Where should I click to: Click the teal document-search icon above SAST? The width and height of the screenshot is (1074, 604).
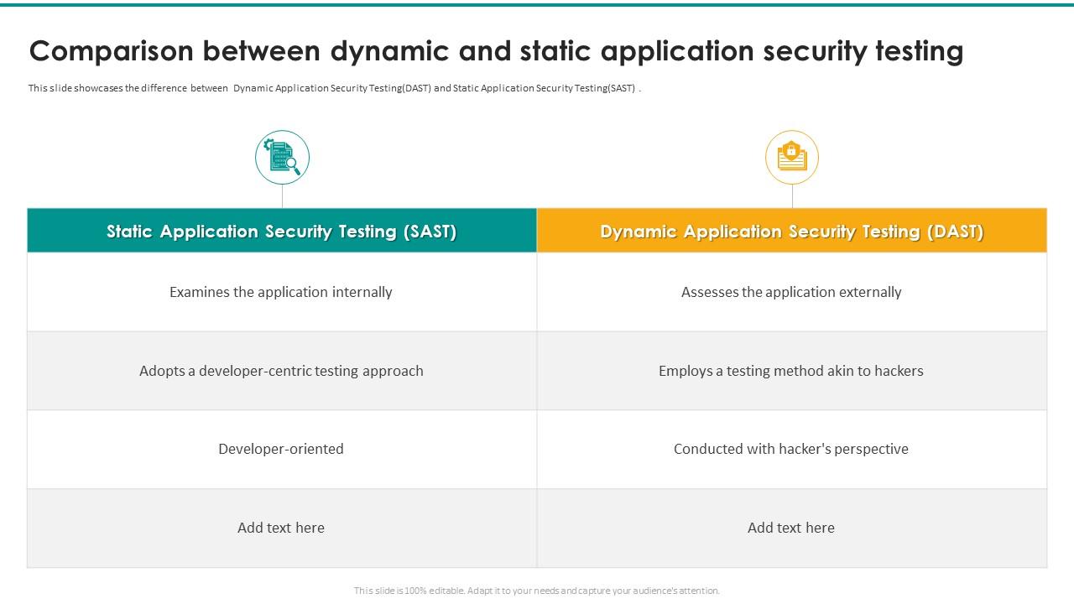click(x=282, y=158)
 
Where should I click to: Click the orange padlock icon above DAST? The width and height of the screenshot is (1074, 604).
click(x=791, y=157)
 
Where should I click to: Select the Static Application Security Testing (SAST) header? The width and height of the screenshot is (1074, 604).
click(x=282, y=232)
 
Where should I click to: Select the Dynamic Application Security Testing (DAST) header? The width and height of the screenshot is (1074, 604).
click(x=791, y=232)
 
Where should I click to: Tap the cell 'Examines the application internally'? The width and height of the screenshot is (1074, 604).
click(x=281, y=292)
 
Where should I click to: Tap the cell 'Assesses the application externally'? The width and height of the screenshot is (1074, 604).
click(x=791, y=292)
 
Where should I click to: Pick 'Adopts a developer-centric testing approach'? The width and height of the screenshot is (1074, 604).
click(x=281, y=371)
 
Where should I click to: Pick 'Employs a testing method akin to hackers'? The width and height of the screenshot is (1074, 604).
click(x=791, y=371)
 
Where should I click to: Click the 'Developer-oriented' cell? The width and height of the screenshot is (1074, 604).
click(x=281, y=449)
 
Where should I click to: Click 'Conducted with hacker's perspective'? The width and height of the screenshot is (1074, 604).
click(x=791, y=449)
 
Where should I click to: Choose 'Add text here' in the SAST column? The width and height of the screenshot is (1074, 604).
click(x=281, y=528)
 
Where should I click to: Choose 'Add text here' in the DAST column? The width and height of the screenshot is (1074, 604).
click(x=791, y=528)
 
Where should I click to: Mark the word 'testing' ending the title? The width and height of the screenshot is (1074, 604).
click(x=919, y=52)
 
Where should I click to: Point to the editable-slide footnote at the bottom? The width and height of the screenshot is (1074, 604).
click(x=537, y=591)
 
